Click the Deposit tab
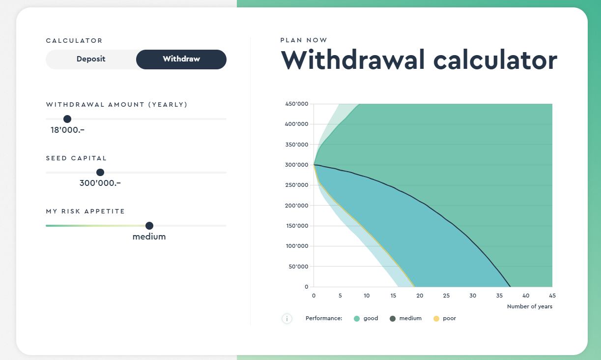click(91, 59)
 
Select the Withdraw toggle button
click(181, 59)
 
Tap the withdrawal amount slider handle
click(67, 119)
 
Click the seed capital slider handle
click(100, 172)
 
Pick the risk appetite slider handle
click(149, 226)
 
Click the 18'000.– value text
click(67, 130)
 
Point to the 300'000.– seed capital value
click(100, 183)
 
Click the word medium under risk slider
click(149, 237)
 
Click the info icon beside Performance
click(287, 319)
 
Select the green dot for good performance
click(357, 319)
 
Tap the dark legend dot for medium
click(393, 319)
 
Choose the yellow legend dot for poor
click(436, 319)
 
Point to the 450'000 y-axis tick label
click(296, 104)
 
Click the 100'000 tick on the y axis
click(296, 246)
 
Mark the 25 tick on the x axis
click(446, 296)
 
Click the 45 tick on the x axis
click(552, 296)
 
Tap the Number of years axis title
click(529, 307)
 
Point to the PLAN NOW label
click(304, 40)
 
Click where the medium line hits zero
click(510, 287)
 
